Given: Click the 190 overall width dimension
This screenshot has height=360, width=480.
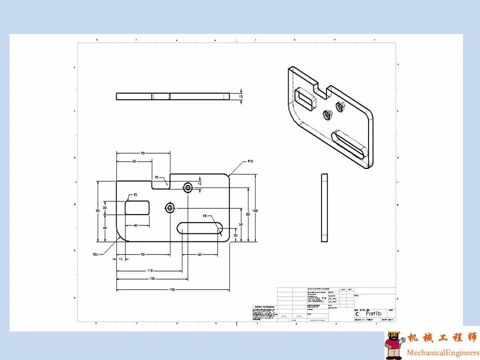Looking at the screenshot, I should click(172, 289).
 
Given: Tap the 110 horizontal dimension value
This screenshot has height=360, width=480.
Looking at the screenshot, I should click(149, 270).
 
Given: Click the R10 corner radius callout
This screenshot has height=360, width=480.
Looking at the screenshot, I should click(250, 161).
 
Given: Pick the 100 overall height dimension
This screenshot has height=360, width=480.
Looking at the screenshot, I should click(255, 210).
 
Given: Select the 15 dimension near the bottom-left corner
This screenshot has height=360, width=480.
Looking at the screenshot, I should click(120, 259).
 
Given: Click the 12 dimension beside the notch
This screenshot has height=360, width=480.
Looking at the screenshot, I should click(199, 183).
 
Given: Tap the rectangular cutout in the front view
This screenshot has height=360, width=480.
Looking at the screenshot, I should click(137, 207).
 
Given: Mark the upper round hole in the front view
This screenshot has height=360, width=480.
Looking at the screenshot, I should click(188, 188).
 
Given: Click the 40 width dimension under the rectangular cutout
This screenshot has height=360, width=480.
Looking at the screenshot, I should click(135, 225).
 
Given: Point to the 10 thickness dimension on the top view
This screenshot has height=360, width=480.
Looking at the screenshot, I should click(241, 96).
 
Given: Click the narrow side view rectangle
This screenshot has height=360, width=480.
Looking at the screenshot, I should click(324, 207).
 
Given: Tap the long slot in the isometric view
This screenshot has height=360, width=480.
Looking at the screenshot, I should click(348, 145).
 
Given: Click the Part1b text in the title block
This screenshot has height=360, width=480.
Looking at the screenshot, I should click(373, 313).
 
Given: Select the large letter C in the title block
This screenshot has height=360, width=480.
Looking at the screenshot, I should click(357, 314).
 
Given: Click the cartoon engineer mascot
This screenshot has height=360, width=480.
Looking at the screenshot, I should click(394, 345).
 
